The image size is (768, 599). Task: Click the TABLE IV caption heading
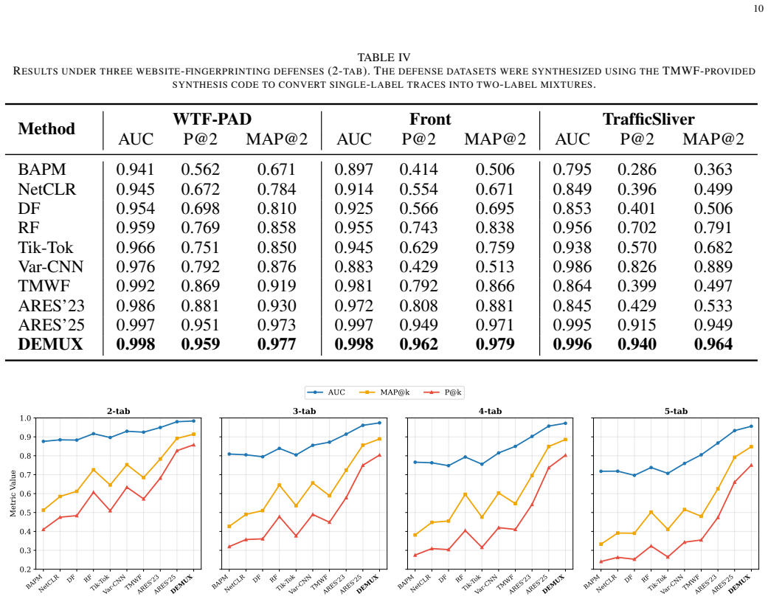tap(384, 58)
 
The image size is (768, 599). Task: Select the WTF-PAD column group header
tap(212, 119)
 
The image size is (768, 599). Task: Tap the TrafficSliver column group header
tap(648, 119)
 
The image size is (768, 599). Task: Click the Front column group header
tap(430, 119)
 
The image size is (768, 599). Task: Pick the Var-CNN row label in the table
tap(50, 266)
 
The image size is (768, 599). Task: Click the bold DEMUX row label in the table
tap(50, 344)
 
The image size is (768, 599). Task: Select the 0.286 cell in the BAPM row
tap(637, 170)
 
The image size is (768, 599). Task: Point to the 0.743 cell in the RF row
tap(418, 228)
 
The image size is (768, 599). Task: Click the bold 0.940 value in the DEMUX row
tap(637, 344)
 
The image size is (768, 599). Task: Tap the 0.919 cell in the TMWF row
tap(277, 286)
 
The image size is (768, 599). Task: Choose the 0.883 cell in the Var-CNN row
tap(353, 266)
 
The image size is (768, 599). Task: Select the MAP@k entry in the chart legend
tap(384, 392)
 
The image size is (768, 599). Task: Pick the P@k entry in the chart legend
tap(443, 392)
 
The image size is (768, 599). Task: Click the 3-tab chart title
tap(304, 412)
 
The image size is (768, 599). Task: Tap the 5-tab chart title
tap(676, 412)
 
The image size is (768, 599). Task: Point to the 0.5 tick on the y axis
tap(25, 513)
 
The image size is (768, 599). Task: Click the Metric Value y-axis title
tap(13, 494)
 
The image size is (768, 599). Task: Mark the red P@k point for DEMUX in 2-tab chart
tap(193, 445)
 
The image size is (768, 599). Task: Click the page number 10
tap(758, 9)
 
